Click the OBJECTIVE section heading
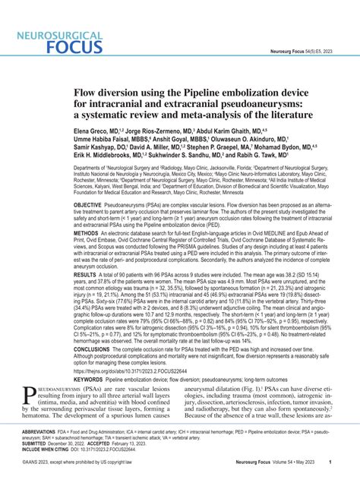96,226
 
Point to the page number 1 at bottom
329,483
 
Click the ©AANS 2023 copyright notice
84,483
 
